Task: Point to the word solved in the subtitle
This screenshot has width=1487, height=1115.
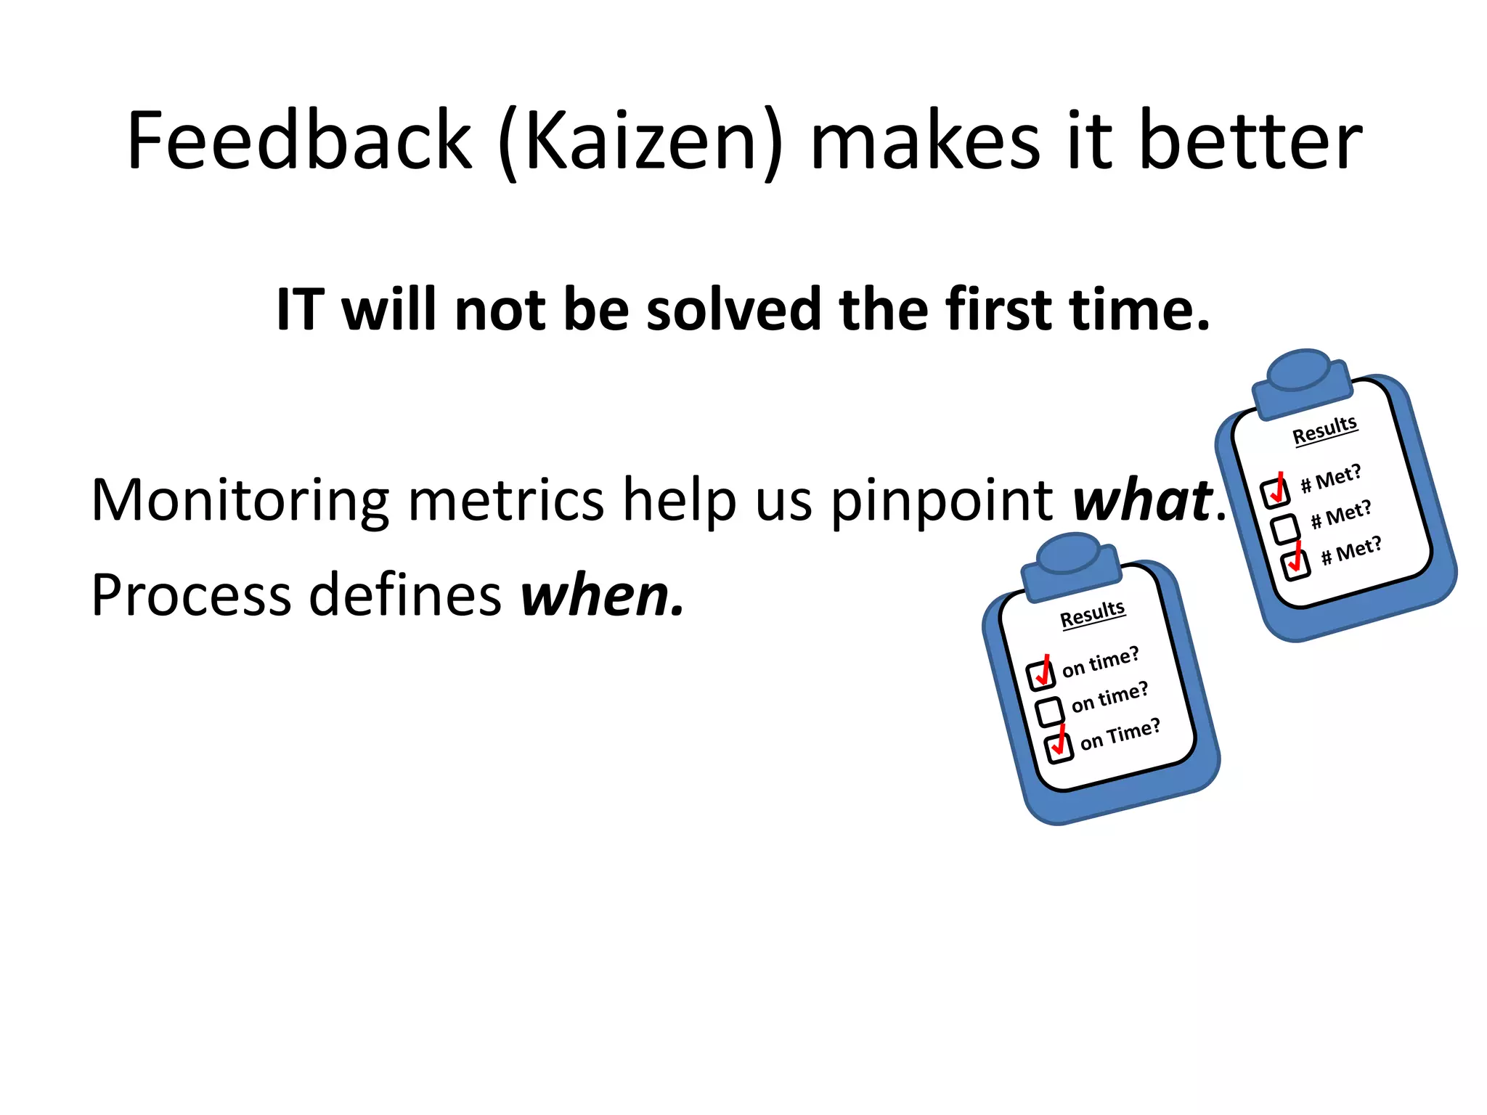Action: tap(733, 310)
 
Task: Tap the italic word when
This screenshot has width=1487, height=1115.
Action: tap(601, 595)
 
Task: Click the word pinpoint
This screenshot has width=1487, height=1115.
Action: tap(942, 500)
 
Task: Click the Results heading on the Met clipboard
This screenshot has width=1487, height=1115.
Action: tap(1324, 430)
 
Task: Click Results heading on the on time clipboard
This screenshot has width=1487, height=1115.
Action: tap(1092, 614)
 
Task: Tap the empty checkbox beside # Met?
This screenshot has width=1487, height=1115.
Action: tap(1285, 528)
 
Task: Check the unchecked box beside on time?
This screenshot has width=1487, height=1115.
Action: tap(1049, 711)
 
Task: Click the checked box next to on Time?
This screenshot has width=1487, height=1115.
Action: tap(1059, 748)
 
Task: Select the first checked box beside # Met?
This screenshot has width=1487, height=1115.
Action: tap(1274, 492)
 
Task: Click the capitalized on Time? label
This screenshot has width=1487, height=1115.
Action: tap(1120, 734)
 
